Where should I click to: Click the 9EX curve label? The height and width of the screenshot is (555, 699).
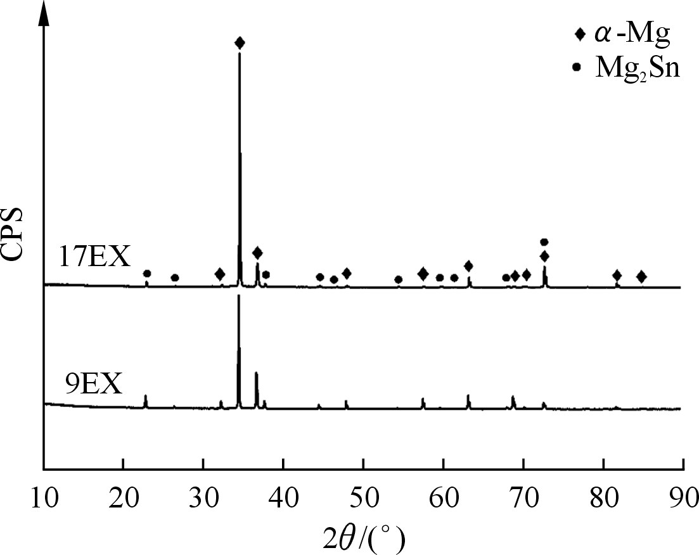click(93, 384)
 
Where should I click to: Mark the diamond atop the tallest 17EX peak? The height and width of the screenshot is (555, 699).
click(240, 43)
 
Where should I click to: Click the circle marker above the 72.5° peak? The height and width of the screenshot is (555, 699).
click(544, 242)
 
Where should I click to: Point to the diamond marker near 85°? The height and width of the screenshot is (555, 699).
click(641, 276)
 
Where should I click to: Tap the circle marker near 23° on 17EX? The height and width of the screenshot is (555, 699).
click(147, 274)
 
